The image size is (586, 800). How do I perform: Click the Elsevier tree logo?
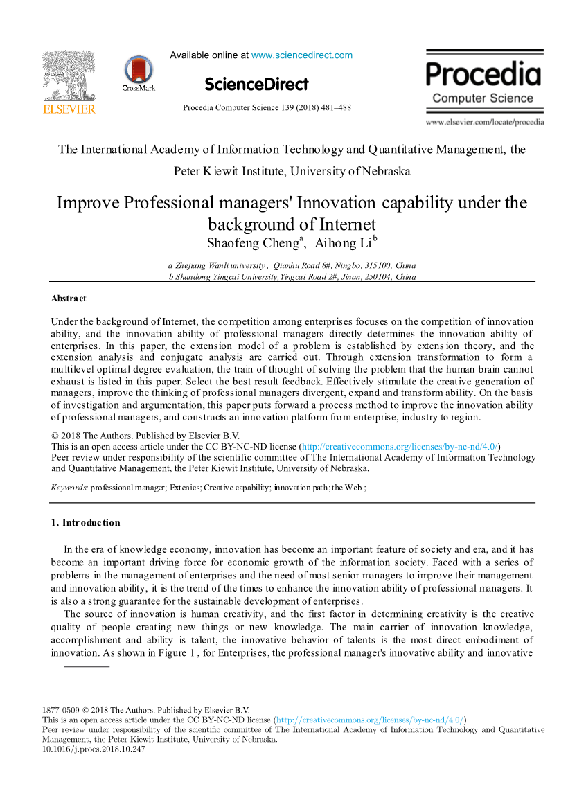69,76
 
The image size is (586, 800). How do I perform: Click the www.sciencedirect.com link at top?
301,55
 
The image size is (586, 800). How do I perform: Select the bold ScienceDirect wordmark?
256,85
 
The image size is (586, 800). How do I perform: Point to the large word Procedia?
483,74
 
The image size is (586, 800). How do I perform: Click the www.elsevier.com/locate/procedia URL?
484,123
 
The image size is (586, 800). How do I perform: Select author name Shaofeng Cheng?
252,243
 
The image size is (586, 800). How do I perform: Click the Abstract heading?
69,299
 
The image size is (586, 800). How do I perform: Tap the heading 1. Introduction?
86,523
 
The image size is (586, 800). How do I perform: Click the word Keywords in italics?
69,488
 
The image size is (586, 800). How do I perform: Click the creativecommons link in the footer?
370,720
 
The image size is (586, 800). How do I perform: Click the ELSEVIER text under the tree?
69,109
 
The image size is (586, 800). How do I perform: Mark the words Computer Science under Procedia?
483,98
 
